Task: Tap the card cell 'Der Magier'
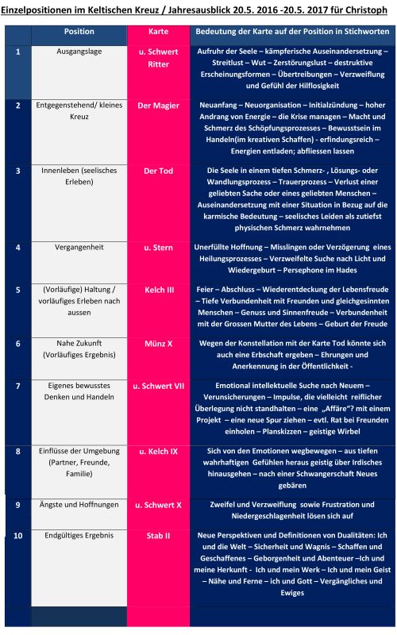point(158,105)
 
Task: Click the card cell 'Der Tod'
point(158,171)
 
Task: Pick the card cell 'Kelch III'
point(158,291)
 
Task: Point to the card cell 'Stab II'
point(158,536)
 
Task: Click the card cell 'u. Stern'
point(158,247)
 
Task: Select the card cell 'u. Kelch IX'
point(158,451)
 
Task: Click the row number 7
point(17,386)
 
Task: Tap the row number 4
point(17,247)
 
